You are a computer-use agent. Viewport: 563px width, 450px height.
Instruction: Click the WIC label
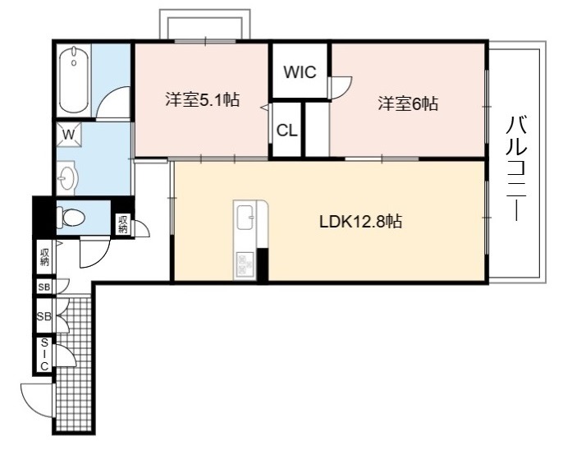(300, 71)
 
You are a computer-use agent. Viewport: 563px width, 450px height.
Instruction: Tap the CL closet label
(287, 131)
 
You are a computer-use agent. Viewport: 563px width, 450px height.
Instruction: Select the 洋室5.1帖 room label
(203, 99)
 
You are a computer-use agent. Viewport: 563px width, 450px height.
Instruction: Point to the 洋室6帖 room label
(408, 104)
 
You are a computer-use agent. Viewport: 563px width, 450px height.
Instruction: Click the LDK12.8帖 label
(360, 222)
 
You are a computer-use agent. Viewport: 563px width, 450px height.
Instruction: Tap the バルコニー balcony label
(516, 168)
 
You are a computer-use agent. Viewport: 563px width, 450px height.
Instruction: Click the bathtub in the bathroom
(74, 80)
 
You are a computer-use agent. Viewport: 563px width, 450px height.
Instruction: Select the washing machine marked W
(69, 135)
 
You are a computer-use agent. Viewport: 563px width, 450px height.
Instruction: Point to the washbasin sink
(66, 177)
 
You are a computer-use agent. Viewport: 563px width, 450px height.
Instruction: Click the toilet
(71, 218)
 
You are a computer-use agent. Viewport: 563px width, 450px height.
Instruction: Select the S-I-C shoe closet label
(44, 355)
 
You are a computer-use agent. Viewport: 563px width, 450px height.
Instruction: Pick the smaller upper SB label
(44, 287)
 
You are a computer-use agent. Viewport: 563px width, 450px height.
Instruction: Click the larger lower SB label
(44, 316)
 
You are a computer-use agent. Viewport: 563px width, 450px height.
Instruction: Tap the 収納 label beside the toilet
(123, 224)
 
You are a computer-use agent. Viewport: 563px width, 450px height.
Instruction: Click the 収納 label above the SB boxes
(44, 257)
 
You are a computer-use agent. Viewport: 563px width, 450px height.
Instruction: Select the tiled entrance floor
(75, 363)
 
